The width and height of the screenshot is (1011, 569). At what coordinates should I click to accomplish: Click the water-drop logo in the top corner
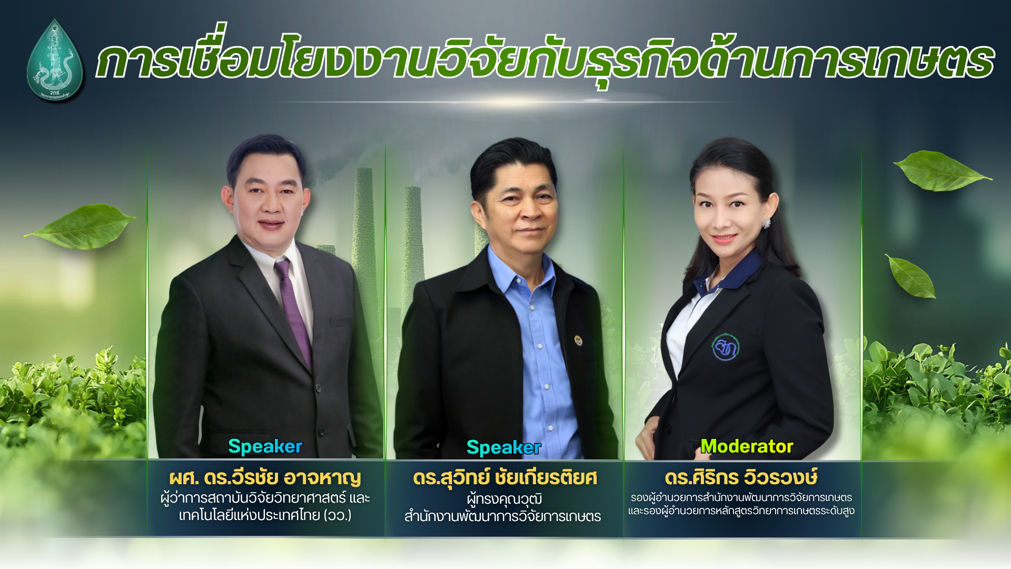55,61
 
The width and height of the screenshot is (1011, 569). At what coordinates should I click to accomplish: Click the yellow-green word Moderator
746,446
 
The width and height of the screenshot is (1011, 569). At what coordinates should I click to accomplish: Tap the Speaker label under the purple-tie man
265,446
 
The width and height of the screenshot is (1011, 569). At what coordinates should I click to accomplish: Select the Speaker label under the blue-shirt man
503,447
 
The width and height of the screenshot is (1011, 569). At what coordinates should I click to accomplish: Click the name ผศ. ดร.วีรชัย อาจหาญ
265,478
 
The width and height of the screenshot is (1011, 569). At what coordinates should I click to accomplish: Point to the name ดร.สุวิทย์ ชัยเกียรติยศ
504,478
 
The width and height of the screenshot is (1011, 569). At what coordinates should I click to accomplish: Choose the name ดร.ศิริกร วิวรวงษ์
741,478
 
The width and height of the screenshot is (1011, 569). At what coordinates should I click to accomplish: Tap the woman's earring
766,223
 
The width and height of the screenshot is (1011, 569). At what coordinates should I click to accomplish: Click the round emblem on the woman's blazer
726,347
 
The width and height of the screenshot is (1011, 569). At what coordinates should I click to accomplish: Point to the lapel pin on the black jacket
578,340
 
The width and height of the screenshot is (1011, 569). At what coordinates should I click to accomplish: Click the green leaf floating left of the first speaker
82,227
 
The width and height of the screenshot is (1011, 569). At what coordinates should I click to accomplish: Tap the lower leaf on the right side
911,277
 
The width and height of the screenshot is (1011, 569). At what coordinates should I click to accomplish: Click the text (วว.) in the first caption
338,515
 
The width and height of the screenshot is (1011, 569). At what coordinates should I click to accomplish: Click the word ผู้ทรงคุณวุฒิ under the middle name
504,498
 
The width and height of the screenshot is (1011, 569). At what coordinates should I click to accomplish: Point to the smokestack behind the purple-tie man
363,221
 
